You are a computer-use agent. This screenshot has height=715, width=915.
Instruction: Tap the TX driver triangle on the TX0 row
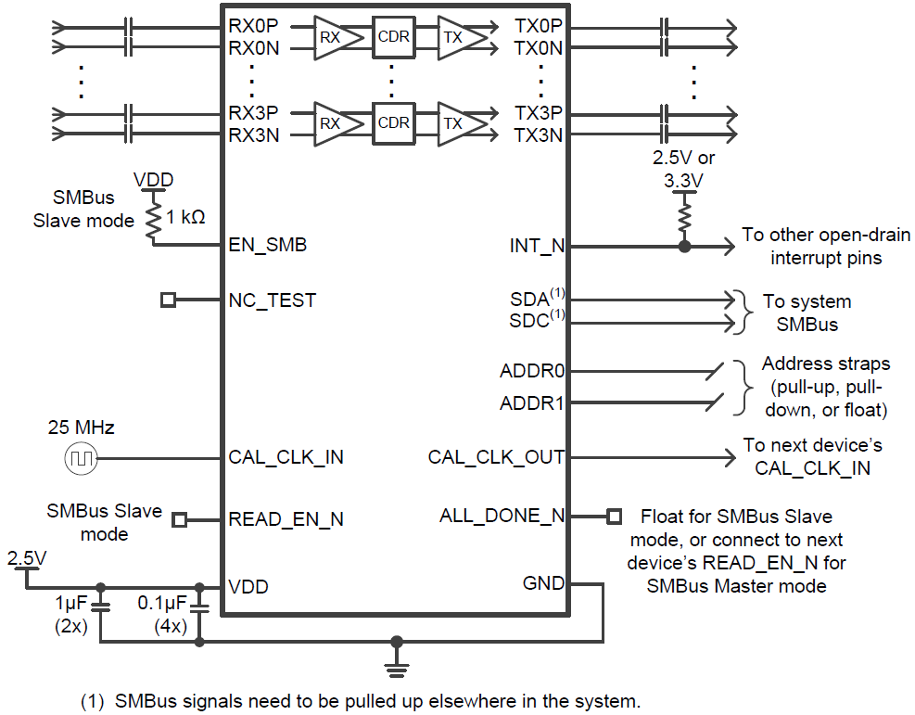[457, 37]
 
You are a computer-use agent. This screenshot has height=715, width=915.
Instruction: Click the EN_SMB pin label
[267, 246]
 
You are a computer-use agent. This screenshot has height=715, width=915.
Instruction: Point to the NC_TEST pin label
[272, 300]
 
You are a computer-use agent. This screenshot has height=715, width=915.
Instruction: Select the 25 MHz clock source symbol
[81, 457]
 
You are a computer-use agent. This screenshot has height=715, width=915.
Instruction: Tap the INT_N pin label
[537, 247]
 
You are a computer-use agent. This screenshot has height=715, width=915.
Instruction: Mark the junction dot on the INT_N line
[684, 247]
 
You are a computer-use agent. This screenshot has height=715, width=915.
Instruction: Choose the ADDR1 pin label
[532, 403]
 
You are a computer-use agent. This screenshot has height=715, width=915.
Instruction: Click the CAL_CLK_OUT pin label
[496, 457]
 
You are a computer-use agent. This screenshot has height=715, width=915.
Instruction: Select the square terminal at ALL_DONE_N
[613, 516]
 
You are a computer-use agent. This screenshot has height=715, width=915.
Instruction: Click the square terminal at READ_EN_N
[180, 519]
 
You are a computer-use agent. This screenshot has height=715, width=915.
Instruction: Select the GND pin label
[543, 583]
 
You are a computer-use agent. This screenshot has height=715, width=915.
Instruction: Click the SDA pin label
[531, 300]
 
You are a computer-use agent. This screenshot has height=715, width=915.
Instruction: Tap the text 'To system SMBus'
[806, 313]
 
